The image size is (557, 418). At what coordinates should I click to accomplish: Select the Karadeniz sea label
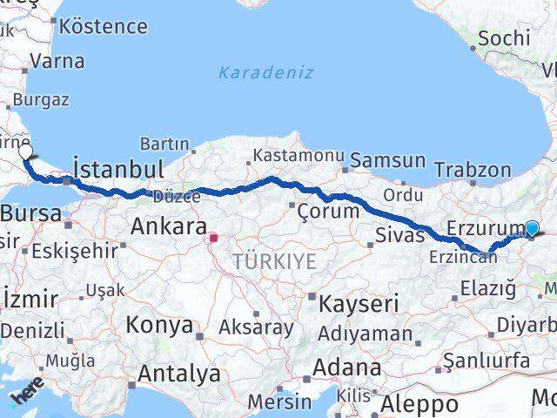click(x=265, y=72)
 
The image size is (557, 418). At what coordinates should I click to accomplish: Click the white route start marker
click(x=25, y=152)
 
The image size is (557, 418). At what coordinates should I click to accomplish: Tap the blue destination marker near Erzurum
click(x=533, y=228)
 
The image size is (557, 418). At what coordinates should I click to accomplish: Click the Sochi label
click(x=503, y=37)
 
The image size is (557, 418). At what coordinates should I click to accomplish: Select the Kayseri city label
click(x=359, y=304)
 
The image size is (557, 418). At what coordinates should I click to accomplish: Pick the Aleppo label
click(x=419, y=404)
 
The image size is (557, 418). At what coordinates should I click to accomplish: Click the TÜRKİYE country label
click(x=274, y=261)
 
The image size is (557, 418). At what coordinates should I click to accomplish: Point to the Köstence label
click(x=104, y=26)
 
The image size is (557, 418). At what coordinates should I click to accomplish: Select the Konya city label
click(x=159, y=325)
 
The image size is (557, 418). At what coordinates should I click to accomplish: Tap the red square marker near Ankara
click(x=213, y=236)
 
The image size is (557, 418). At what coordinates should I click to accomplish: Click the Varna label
click(x=57, y=61)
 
